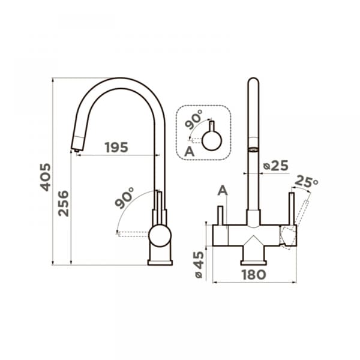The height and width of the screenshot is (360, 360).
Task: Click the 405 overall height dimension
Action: [46, 177]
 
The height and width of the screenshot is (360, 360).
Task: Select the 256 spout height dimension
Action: [64, 203]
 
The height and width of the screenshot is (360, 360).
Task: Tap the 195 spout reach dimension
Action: [116, 148]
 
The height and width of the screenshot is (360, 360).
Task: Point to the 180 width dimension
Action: [254, 275]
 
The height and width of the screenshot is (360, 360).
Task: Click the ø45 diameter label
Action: [199, 265]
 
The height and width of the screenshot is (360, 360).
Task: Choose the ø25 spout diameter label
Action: [275, 166]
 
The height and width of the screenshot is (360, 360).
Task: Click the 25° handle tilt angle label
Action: [306, 181]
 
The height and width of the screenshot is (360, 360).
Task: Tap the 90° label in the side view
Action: [124, 197]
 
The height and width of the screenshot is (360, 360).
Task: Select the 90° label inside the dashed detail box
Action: [194, 119]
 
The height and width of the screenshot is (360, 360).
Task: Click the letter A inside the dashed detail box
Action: [190, 152]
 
